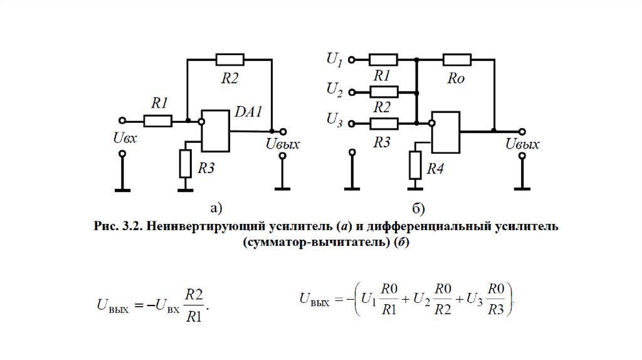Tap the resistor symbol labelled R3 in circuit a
click(185, 163)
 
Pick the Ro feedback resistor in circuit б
click(457, 60)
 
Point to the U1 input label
click(334, 60)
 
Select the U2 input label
click(334, 91)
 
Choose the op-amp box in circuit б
click(446, 132)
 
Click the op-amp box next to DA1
click(215, 131)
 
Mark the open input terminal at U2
click(352, 92)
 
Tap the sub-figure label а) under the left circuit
click(216, 208)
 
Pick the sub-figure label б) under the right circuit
click(419, 208)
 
